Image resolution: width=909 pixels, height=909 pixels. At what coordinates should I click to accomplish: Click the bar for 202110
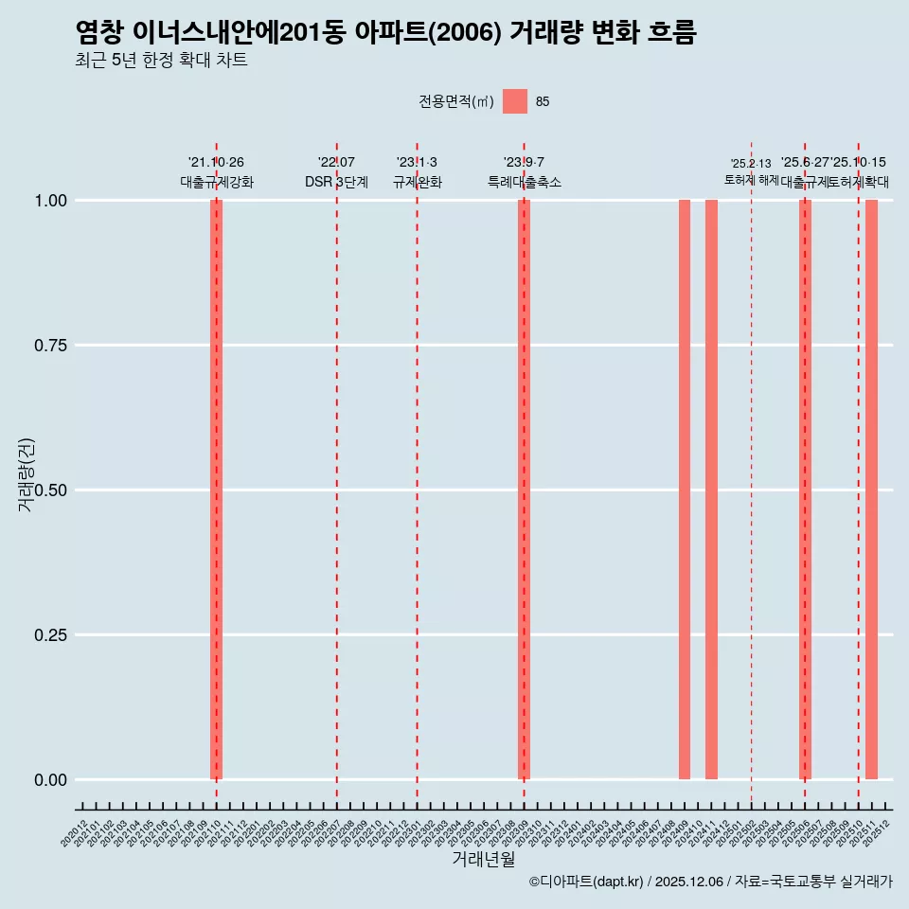pos(216,490)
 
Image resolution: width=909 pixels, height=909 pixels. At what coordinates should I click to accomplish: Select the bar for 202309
pos(524,490)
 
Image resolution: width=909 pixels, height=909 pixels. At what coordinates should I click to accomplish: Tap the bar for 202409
pos(685,490)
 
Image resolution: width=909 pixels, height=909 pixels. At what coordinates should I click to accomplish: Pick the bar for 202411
pos(711,490)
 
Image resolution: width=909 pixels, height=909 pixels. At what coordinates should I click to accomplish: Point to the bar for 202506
pos(805,490)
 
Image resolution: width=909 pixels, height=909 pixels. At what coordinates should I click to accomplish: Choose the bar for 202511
pos(871,490)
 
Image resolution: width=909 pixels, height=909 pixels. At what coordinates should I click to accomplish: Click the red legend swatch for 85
pos(515,101)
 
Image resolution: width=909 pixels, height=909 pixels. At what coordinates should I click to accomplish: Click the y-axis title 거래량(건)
pos(27,474)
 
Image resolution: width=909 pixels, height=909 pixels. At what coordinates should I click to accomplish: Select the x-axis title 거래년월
pos(484,859)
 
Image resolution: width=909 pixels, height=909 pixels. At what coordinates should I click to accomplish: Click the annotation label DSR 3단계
pos(336,182)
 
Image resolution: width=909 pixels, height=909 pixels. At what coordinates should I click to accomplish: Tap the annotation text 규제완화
pos(418,182)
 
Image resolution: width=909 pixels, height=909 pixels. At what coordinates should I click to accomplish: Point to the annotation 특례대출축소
pos(525,182)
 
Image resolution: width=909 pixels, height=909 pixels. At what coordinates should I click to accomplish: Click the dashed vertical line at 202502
pos(752,473)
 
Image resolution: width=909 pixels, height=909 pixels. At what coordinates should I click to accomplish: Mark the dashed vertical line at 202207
pos(337,473)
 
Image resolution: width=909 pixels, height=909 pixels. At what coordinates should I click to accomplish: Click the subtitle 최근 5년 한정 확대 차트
pos(161,61)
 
